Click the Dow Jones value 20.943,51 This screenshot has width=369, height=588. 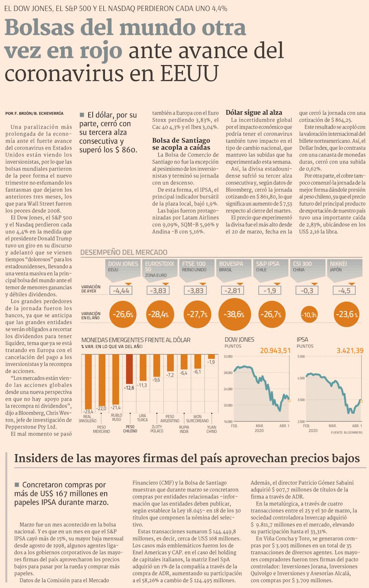pyautogui.click(x=275, y=350)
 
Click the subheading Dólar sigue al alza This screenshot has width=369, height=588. pyautogui.click(x=253, y=112)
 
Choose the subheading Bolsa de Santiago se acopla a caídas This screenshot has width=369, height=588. pyautogui.click(x=181, y=144)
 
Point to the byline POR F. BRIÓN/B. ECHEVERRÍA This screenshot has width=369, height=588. pyautogui.click(x=34, y=113)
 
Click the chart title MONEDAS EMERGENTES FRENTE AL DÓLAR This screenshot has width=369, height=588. pyautogui.click(x=136, y=340)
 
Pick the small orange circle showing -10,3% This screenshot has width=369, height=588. pyautogui.click(x=310, y=314)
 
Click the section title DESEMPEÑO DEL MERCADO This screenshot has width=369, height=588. pyautogui.click(x=124, y=252)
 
